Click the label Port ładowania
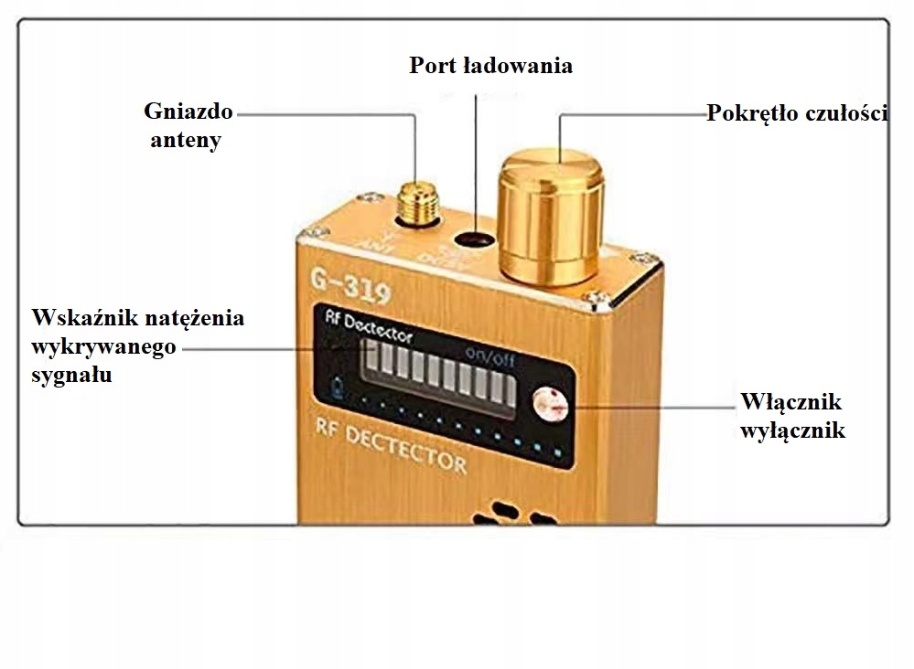tap(490, 66)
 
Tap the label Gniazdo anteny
tap(188, 126)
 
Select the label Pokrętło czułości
tap(796, 113)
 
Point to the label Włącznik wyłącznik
tap(792, 416)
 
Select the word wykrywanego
tap(102, 347)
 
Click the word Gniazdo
tap(188, 111)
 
